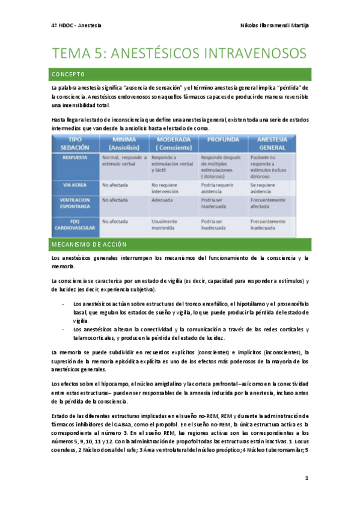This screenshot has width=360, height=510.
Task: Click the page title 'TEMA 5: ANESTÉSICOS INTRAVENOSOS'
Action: point(180,54)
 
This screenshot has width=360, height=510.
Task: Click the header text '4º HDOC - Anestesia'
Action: point(76,26)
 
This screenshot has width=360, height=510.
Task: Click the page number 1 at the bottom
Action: point(307,478)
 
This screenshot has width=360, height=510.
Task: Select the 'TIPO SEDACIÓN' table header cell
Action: point(75,143)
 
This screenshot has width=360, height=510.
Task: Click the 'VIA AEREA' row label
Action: point(75,185)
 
